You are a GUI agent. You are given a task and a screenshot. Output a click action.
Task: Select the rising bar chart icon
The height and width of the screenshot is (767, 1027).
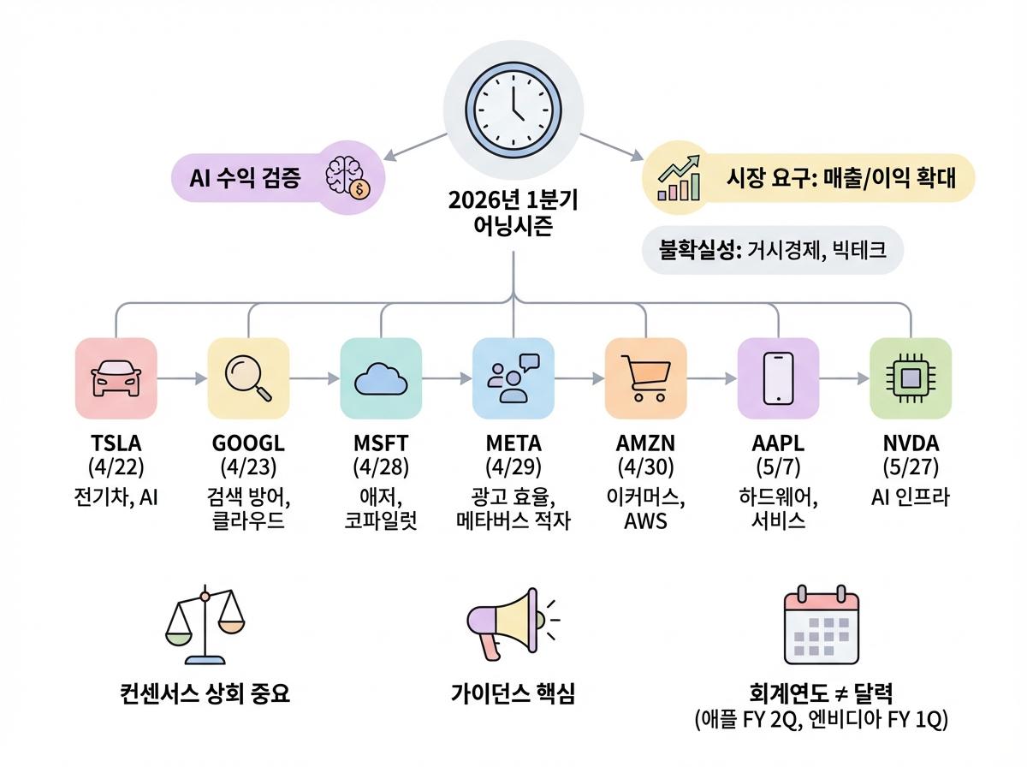tap(680, 178)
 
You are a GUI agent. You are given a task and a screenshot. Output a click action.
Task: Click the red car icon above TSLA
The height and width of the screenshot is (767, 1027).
tap(116, 378)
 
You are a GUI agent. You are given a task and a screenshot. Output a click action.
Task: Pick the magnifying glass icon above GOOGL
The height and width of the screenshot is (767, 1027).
tap(248, 378)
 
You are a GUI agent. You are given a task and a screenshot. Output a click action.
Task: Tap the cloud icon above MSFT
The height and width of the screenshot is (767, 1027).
tap(381, 378)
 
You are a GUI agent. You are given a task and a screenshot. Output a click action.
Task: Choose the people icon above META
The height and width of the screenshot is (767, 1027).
tap(513, 378)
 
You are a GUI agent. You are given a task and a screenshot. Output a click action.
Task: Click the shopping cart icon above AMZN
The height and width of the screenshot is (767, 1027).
tap(645, 378)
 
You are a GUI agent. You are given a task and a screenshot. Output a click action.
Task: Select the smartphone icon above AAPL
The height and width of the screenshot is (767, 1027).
tap(778, 378)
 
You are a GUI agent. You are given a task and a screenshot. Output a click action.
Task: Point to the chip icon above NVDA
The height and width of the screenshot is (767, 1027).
tap(910, 378)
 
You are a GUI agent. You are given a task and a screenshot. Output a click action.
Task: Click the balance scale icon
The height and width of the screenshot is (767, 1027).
tap(204, 626)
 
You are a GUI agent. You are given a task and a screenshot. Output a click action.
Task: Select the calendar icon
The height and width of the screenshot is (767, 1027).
tap(821, 624)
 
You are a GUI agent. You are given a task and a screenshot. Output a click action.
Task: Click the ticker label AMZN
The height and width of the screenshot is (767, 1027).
tap(645, 444)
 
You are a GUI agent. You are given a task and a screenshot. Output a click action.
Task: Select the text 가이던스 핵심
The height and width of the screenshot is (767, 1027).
tap(513, 693)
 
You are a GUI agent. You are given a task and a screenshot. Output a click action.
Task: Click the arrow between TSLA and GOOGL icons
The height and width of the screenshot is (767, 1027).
tap(182, 378)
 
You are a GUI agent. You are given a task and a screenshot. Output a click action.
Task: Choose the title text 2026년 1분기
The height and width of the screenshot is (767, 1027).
tap(513, 202)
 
